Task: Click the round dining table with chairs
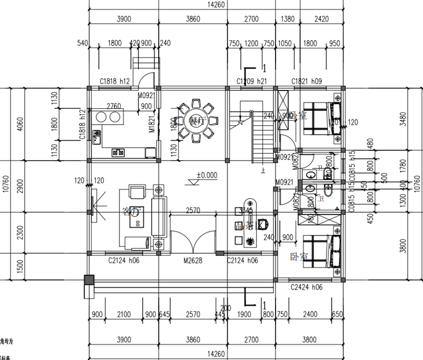click(x=197, y=121)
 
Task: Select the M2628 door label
click(x=194, y=260)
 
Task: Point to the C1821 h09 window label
click(x=307, y=81)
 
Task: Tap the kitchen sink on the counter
click(x=97, y=136)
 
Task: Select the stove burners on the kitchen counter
click(x=118, y=153)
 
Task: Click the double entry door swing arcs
click(x=194, y=243)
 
